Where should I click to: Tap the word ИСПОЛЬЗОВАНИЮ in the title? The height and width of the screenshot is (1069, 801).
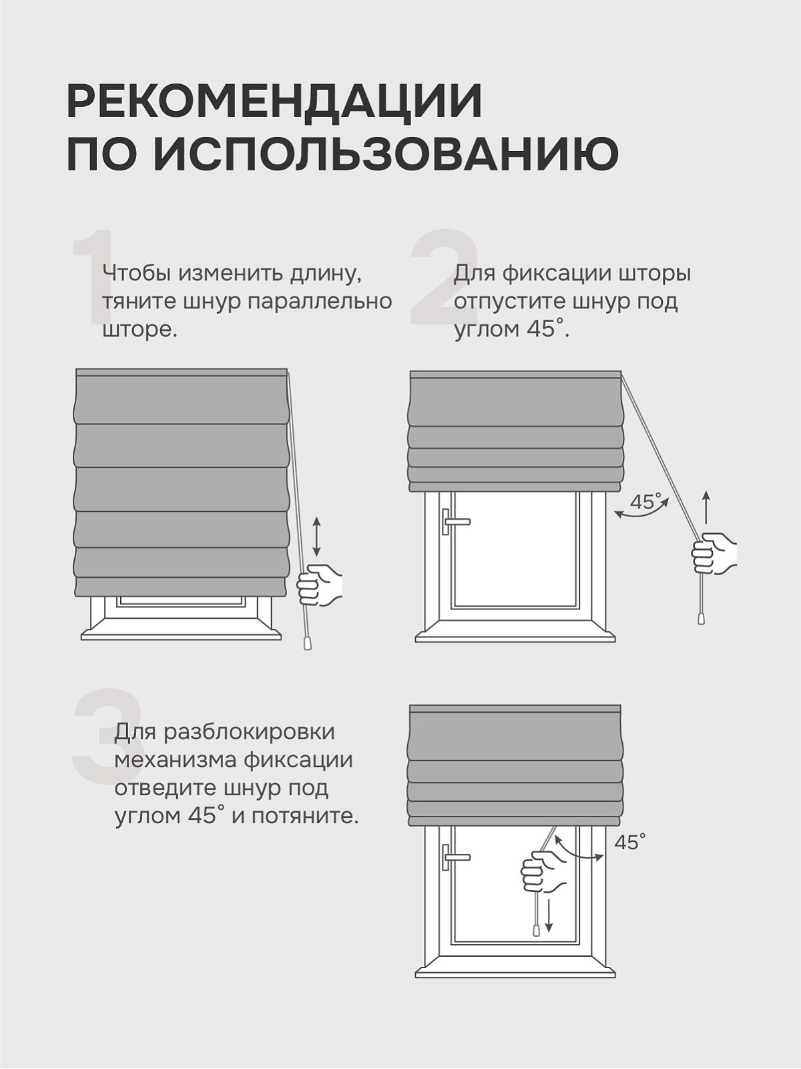(x=386, y=154)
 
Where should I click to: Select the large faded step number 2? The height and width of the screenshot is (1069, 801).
(x=445, y=277)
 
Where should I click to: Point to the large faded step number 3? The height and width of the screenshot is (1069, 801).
(x=107, y=736)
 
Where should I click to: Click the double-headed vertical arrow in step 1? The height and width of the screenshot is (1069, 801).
(x=316, y=537)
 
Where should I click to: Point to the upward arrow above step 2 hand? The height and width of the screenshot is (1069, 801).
(x=707, y=508)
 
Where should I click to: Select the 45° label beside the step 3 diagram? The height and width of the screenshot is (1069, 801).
(x=630, y=842)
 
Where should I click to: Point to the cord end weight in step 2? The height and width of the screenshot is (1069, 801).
(x=702, y=618)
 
